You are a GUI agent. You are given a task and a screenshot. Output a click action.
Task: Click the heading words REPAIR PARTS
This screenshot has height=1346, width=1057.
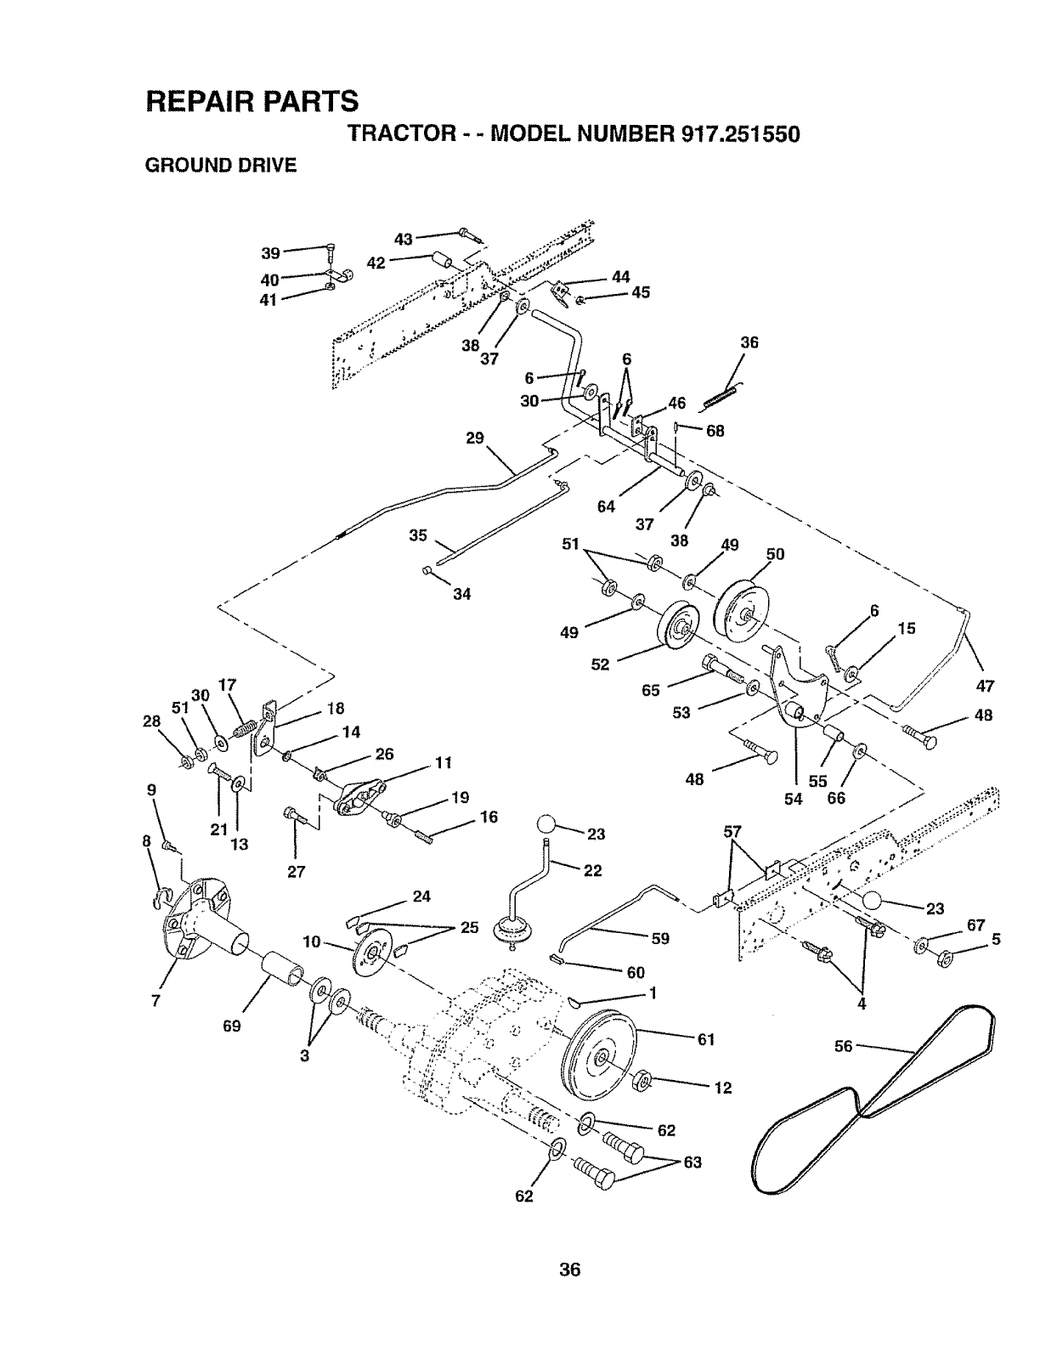pyautogui.click(x=252, y=100)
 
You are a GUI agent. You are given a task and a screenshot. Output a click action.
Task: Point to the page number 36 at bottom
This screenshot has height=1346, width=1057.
pyautogui.click(x=569, y=1270)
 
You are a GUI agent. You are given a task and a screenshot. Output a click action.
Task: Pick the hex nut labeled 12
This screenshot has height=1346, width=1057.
pyautogui.click(x=642, y=1082)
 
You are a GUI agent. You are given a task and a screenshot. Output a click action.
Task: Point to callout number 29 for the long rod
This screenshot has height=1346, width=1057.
pyautogui.click(x=475, y=438)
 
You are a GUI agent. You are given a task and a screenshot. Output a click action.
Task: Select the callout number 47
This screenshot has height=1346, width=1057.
pyautogui.click(x=985, y=686)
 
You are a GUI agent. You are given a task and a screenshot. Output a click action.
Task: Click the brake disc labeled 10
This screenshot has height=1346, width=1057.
pyautogui.click(x=371, y=956)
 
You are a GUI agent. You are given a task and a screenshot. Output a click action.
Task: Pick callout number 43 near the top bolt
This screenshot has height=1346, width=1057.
pyautogui.click(x=403, y=239)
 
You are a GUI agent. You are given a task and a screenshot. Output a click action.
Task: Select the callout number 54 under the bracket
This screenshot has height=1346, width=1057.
pyautogui.click(x=794, y=799)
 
